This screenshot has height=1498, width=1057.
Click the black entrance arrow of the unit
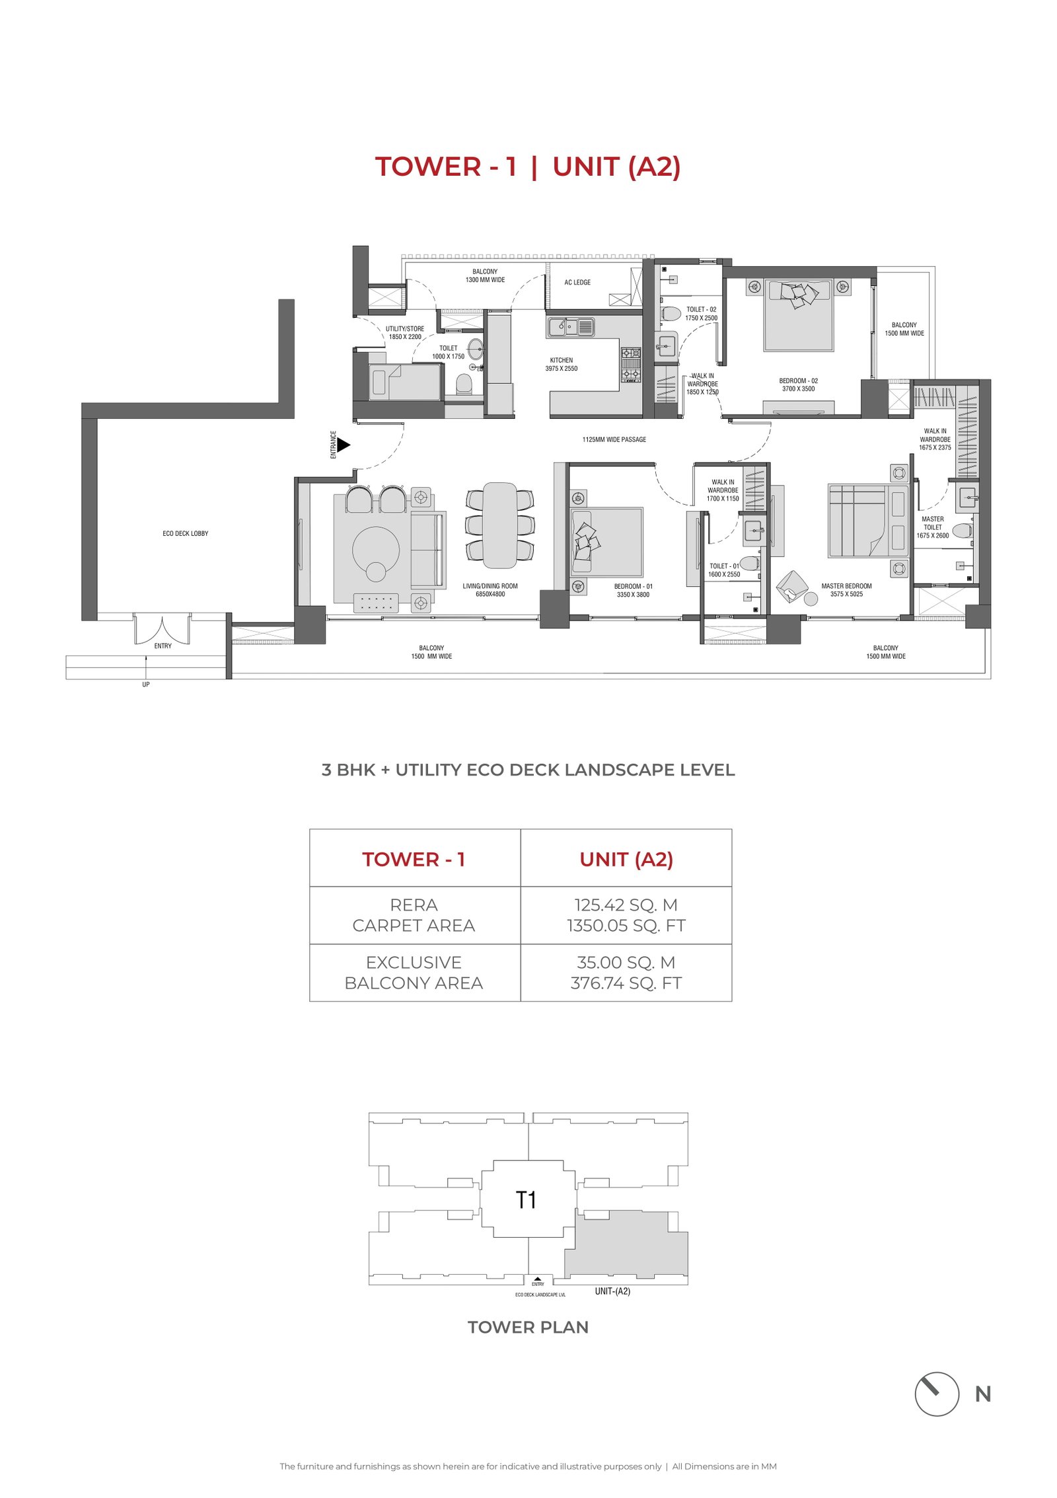344,445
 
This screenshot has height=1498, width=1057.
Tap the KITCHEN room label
562,360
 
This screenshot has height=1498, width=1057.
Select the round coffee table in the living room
375,549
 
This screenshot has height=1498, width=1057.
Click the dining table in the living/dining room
500,525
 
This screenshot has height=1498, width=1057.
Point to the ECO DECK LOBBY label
186,533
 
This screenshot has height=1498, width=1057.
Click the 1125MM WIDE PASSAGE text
614,439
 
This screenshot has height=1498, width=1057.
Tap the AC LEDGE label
577,282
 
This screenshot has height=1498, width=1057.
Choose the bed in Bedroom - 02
798,315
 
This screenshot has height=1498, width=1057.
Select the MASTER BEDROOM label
846,586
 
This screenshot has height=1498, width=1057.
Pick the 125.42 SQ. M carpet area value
626,905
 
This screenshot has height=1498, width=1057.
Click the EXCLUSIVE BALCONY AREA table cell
414,973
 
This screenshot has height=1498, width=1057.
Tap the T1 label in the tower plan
526,1199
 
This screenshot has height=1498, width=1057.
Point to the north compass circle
936,1394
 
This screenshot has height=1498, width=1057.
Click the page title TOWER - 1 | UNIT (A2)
528,167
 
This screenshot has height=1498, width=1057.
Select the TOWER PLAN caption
528,1328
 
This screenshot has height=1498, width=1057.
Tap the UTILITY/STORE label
405,328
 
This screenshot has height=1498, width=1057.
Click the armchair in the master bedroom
792,586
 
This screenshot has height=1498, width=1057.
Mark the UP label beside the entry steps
146,685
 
